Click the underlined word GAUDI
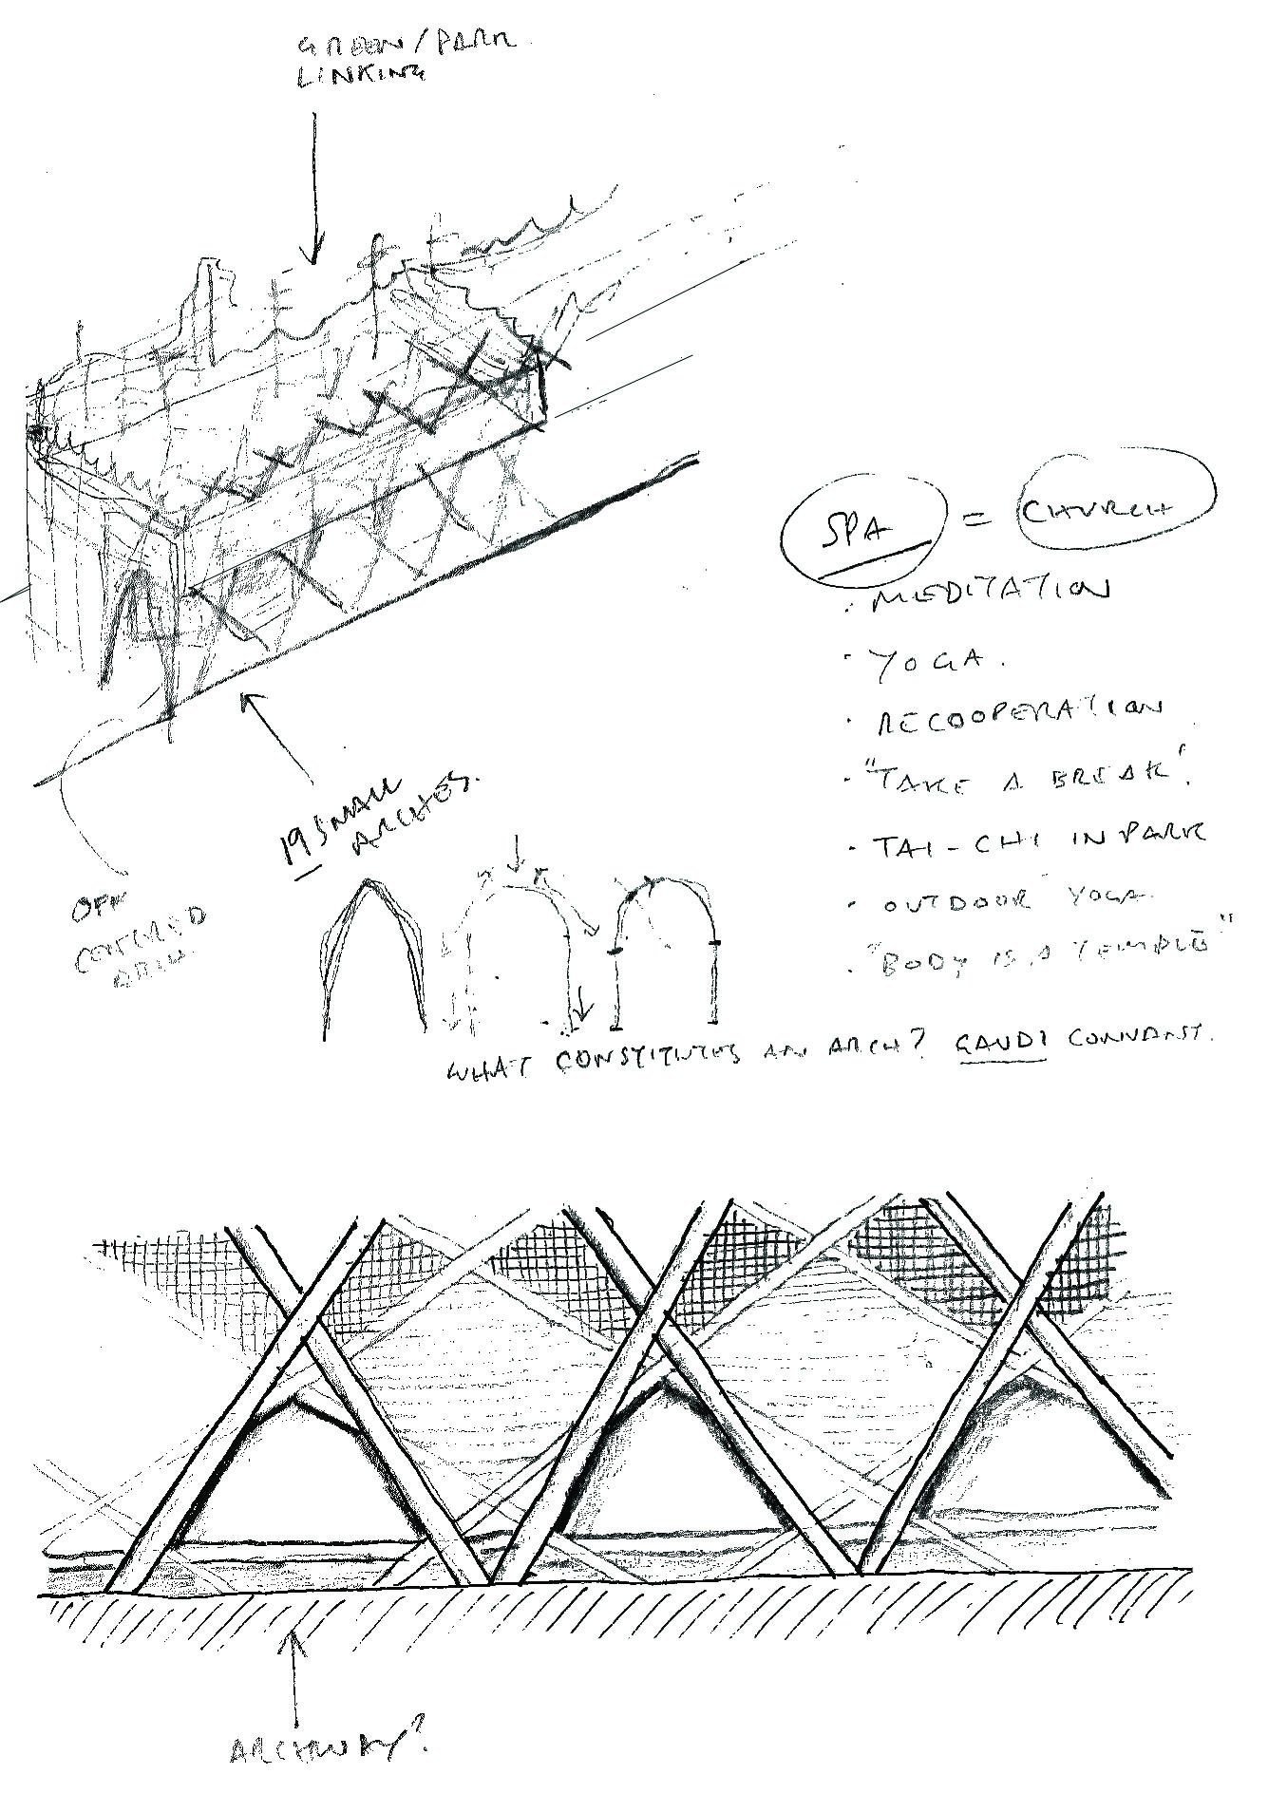tap(1001, 1042)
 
